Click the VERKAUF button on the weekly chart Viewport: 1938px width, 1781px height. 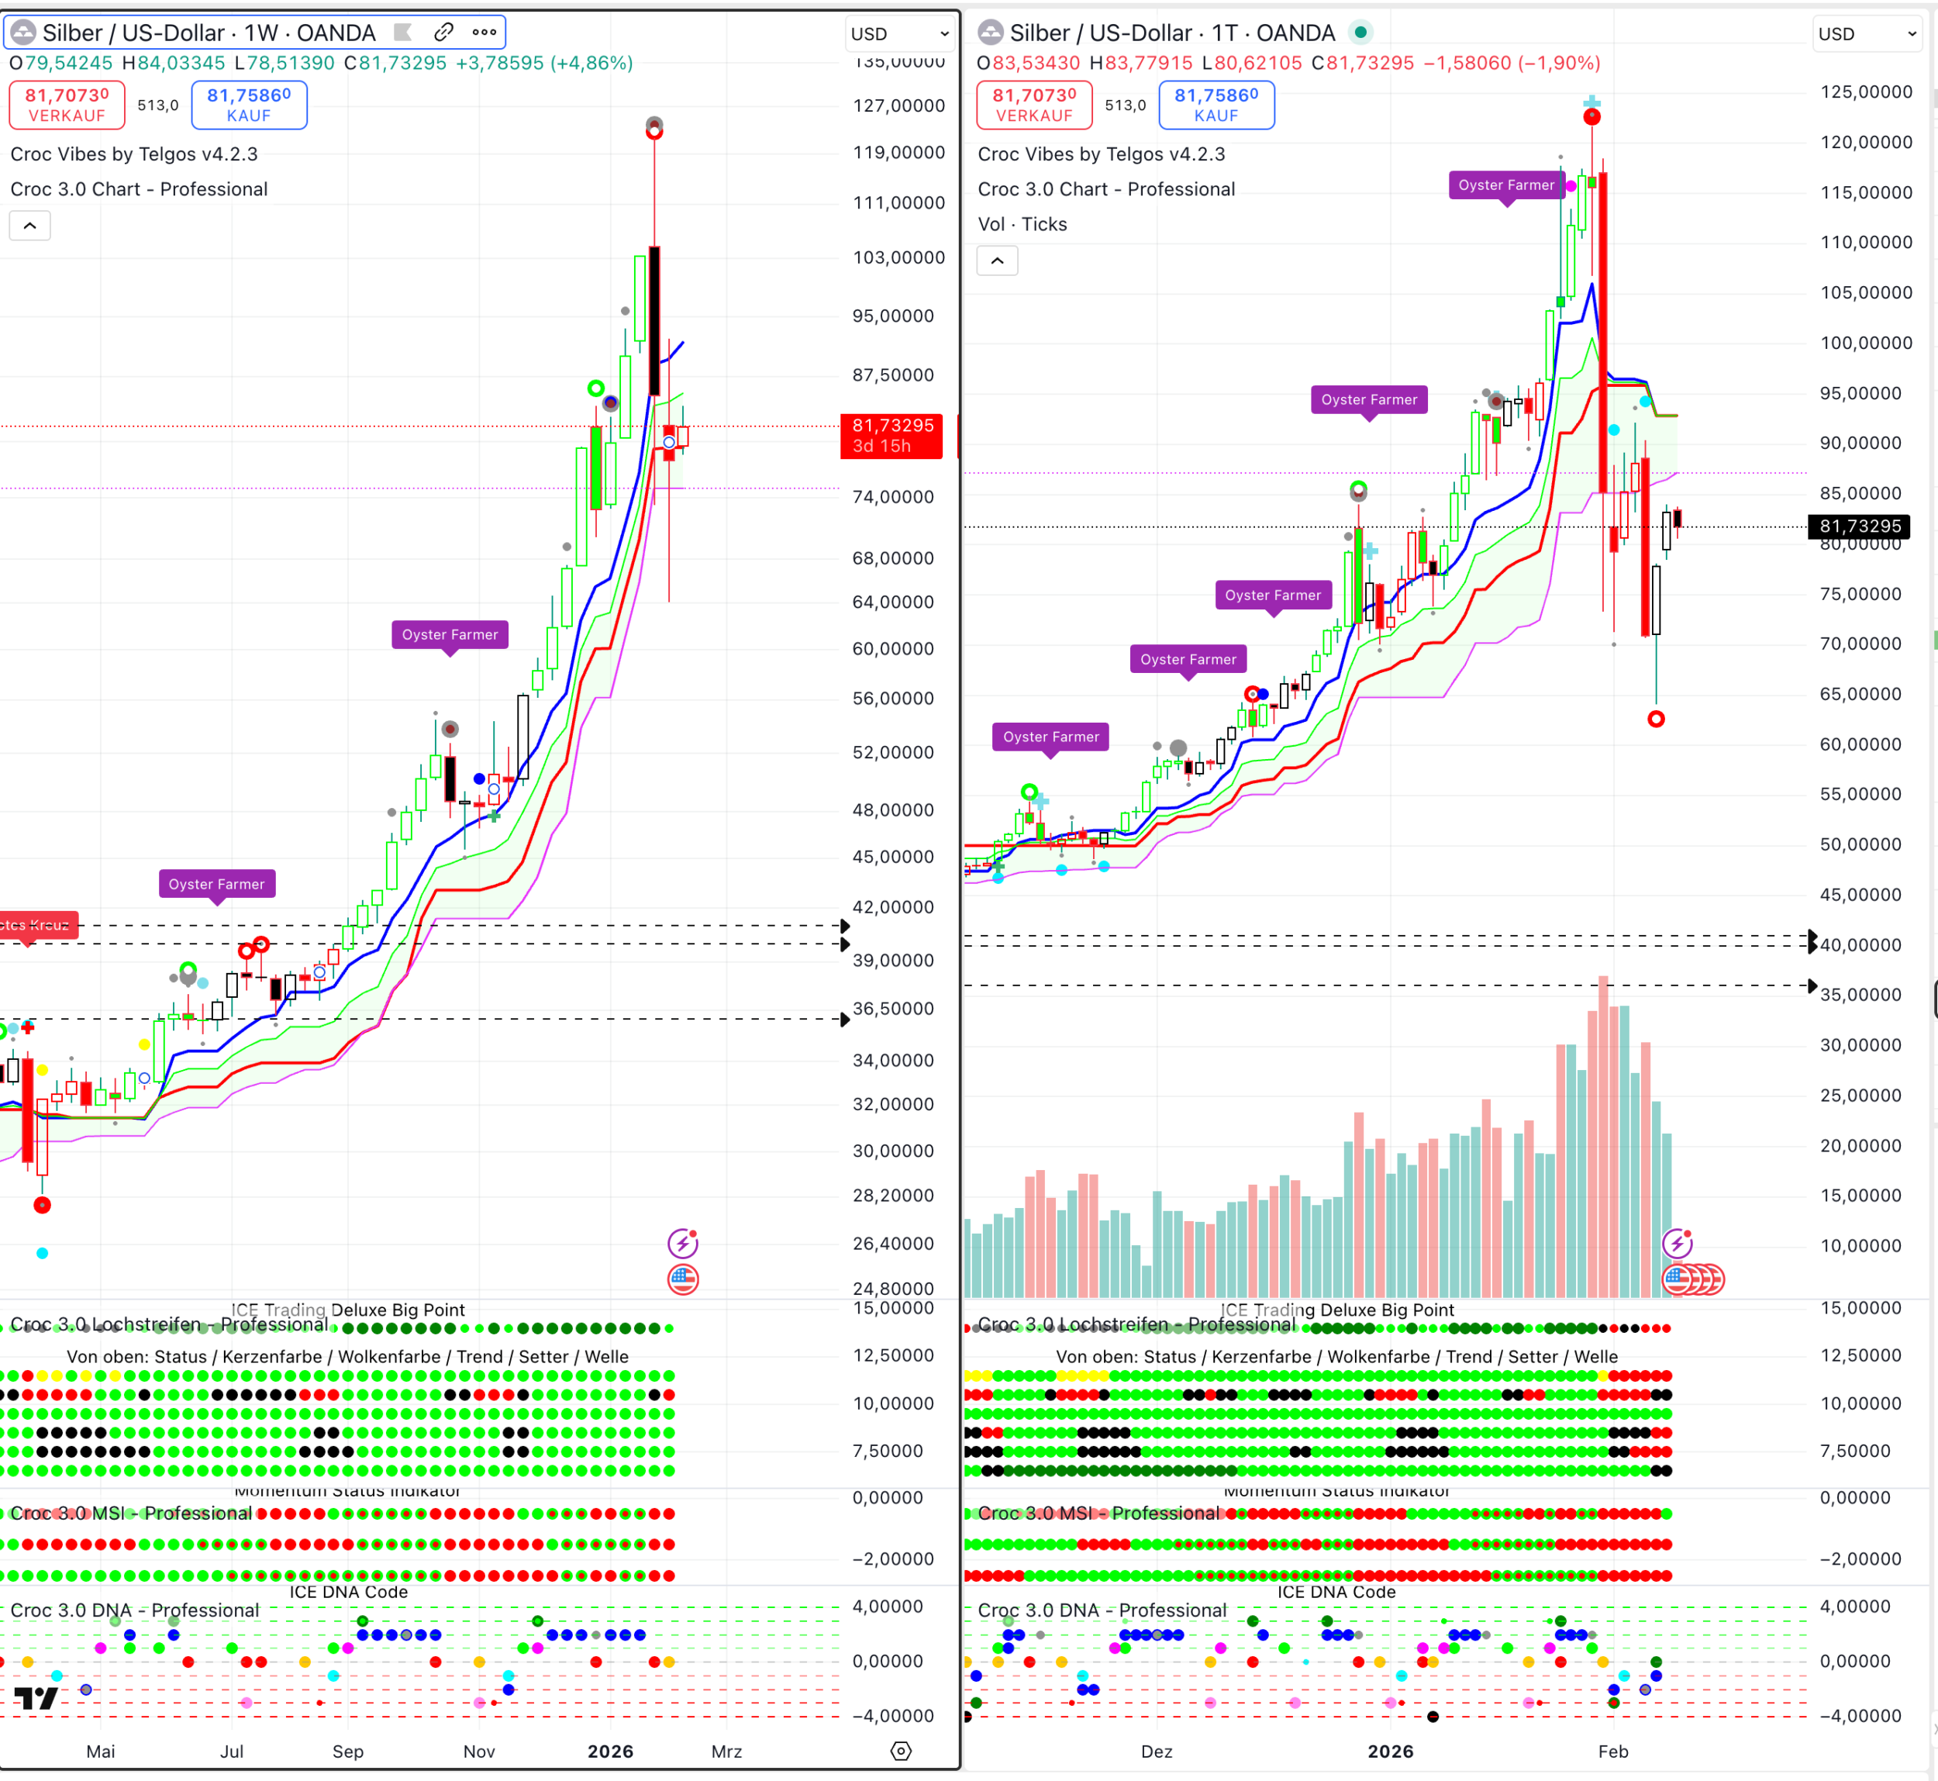[67, 104]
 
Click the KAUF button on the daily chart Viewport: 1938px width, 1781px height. [1216, 104]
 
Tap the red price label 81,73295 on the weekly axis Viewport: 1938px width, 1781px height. [891, 436]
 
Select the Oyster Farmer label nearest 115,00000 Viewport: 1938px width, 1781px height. [1505, 185]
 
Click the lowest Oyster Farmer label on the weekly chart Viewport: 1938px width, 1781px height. [217, 884]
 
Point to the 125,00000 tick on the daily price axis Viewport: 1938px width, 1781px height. [1866, 92]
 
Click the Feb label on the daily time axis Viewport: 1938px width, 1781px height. [1612, 1751]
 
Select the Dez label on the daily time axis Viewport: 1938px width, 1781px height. [1157, 1751]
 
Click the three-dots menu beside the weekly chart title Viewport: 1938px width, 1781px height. [484, 33]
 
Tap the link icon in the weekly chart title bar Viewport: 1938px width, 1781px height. [443, 33]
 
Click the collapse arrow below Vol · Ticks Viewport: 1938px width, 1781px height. [998, 261]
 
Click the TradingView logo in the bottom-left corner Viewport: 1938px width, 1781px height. [36, 1698]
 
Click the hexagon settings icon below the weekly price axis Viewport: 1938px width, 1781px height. [901, 1751]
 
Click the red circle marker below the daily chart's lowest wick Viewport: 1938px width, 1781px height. [1656, 719]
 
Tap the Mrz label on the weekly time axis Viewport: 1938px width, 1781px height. [726, 1751]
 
